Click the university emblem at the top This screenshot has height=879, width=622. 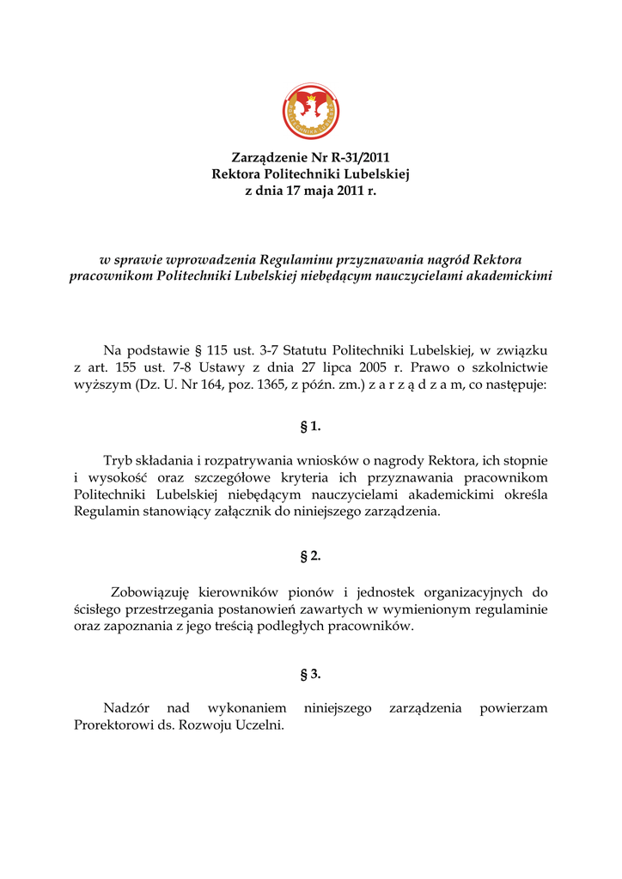coord(311,111)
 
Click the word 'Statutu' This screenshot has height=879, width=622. coord(306,350)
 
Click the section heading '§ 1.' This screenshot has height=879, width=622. coord(311,426)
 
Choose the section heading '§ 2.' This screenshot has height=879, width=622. coord(311,556)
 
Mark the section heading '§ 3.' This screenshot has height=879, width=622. coord(311,674)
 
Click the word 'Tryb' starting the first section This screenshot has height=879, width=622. coord(118,461)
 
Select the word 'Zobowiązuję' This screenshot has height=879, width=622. coord(151,591)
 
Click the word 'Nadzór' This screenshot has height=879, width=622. coord(126,708)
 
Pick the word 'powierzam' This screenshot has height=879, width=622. coord(514,708)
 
